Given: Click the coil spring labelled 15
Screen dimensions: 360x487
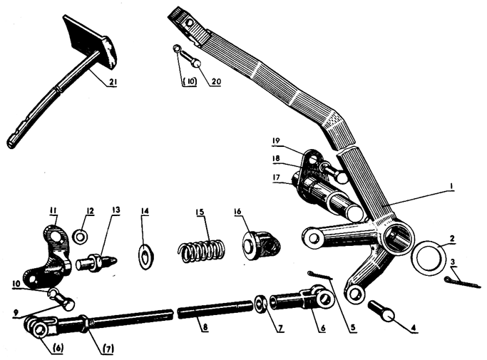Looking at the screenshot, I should [202, 249].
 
